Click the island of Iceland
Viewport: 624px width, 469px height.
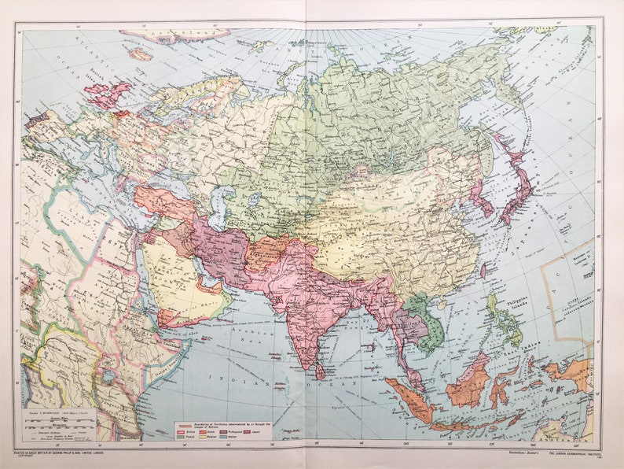point(141,54)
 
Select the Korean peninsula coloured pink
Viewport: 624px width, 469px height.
point(477,196)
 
